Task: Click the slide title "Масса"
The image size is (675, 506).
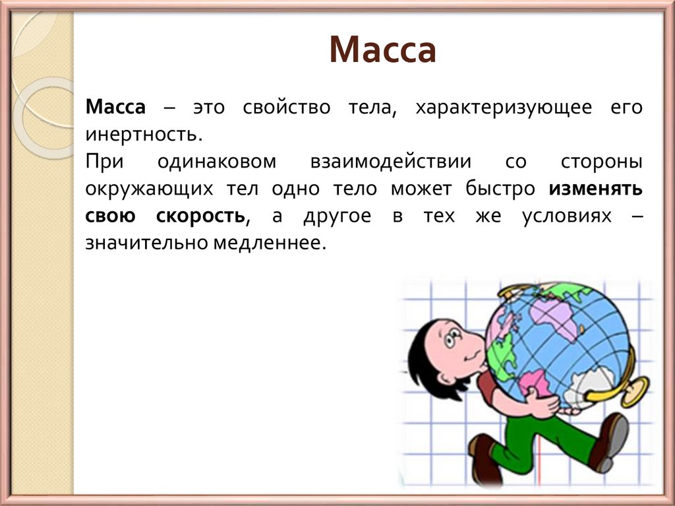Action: point(382,51)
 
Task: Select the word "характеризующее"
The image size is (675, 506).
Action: point(503,108)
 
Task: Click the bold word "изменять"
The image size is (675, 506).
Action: point(595,189)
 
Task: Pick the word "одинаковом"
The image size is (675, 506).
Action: point(218,162)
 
